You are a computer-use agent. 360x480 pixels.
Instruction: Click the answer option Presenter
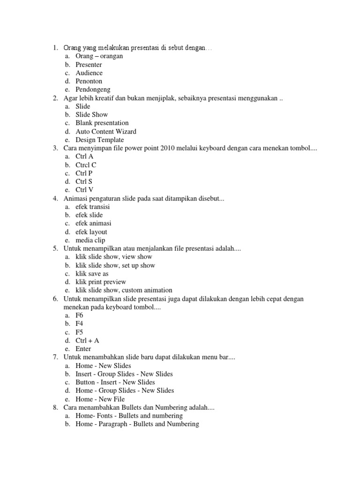[x=89, y=65]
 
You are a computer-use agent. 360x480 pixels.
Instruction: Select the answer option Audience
[x=89, y=73]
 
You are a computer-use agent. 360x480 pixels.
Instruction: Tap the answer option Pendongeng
[x=93, y=90]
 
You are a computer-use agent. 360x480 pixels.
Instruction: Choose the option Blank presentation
[x=102, y=123]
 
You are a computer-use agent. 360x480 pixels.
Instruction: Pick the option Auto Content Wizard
[x=106, y=131]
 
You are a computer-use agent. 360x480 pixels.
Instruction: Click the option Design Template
[x=99, y=140]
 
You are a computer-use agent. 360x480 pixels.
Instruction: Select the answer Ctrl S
[x=84, y=181]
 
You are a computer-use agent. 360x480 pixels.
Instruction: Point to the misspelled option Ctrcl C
[x=86, y=165]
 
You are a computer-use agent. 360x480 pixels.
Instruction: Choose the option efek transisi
[x=93, y=207]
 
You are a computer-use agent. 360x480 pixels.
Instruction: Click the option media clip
[x=90, y=240]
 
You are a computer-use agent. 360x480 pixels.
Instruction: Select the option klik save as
[x=92, y=274]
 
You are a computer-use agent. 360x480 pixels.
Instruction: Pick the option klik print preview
[x=100, y=282]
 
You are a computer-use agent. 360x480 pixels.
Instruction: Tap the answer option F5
[x=79, y=332]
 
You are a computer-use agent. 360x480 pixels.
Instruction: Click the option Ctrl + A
[x=87, y=341]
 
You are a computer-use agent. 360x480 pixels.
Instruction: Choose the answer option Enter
[x=83, y=349]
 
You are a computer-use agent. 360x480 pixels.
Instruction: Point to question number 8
[x=55, y=408]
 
